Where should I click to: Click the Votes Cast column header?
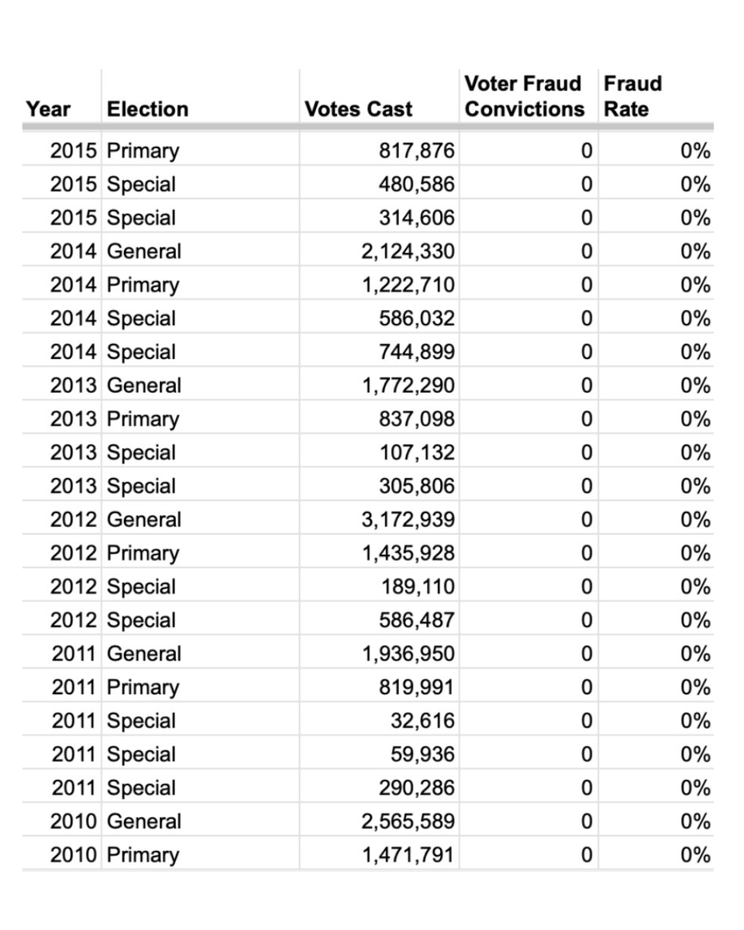pyautogui.click(x=358, y=109)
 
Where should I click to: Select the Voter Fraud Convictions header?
pyautogui.click(x=524, y=96)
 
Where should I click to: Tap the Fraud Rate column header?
pyautogui.click(x=632, y=96)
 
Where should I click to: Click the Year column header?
pyautogui.click(x=48, y=109)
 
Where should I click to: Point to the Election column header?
pyautogui.click(x=147, y=109)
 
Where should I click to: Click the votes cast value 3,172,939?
pyautogui.click(x=408, y=520)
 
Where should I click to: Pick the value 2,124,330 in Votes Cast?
pyautogui.click(x=408, y=252)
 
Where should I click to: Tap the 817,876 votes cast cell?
pyautogui.click(x=416, y=151)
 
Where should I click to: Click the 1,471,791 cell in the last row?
pyautogui.click(x=408, y=856)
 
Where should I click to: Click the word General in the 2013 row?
pyautogui.click(x=143, y=386)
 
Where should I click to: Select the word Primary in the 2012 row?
pyautogui.click(x=143, y=553)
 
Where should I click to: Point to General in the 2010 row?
pyautogui.click(x=143, y=821)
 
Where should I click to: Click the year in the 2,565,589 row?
pyautogui.click(x=74, y=821)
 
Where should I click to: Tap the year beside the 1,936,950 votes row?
pyautogui.click(x=74, y=654)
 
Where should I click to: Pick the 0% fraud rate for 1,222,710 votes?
pyautogui.click(x=695, y=285)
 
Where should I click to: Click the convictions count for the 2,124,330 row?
pyautogui.click(x=587, y=252)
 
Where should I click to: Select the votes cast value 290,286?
pyautogui.click(x=416, y=788)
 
